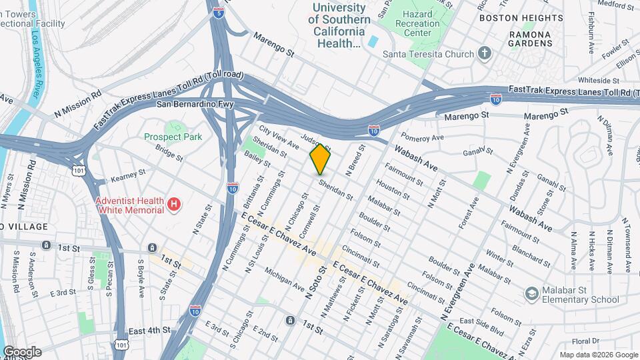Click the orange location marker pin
point(320,159)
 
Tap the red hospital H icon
point(174,204)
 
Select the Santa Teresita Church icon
point(485,54)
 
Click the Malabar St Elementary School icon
point(531,293)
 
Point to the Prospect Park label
point(173,137)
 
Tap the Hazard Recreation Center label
point(415,23)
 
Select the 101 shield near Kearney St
point(81,171)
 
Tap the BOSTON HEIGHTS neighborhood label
point(531,18)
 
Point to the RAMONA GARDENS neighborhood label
point(531,39)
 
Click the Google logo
point(22,351)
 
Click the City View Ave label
point(279,137)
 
